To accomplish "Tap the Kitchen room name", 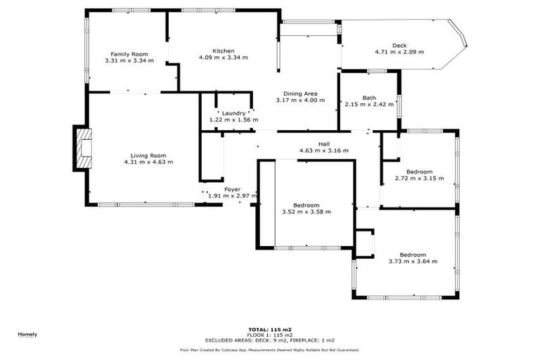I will tap(224, 51).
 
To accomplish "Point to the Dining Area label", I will tap(300, 94).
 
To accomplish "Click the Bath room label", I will tap(369, 98).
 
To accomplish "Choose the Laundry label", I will tap(233, 113).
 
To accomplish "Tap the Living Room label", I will tap(148, 155).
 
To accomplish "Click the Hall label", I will tap(324, 143).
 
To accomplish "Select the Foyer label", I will tap(232, 189).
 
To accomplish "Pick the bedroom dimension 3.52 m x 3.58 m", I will tap(306, 211).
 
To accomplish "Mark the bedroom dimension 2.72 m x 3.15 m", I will tap(419, 178).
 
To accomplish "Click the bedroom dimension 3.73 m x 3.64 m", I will tap(413, 261).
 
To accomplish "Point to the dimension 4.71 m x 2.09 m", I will tap(399, 52).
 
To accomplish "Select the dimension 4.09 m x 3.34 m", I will tap(224, 58).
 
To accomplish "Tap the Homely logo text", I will tap(27, 334).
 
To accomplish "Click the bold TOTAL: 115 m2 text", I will tap(270, 329).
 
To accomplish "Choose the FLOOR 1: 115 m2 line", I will tap(270, 334).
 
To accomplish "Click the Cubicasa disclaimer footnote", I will tap(270, 349).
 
